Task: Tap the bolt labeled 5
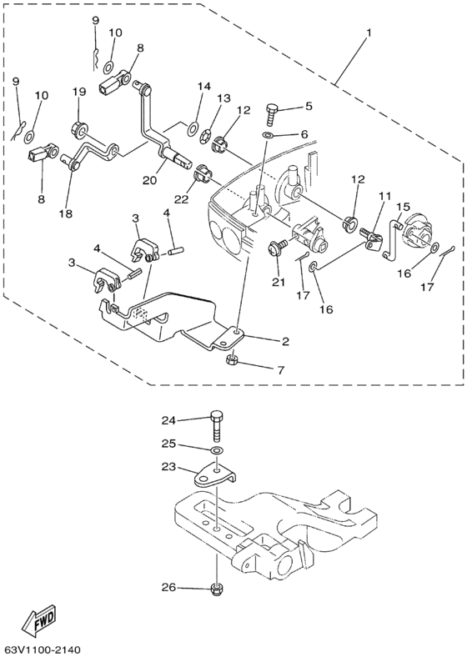[271, 111]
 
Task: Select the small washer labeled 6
[267, 133]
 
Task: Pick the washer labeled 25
[216, 452]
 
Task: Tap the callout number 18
[66, 213]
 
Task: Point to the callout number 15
[403, 206]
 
